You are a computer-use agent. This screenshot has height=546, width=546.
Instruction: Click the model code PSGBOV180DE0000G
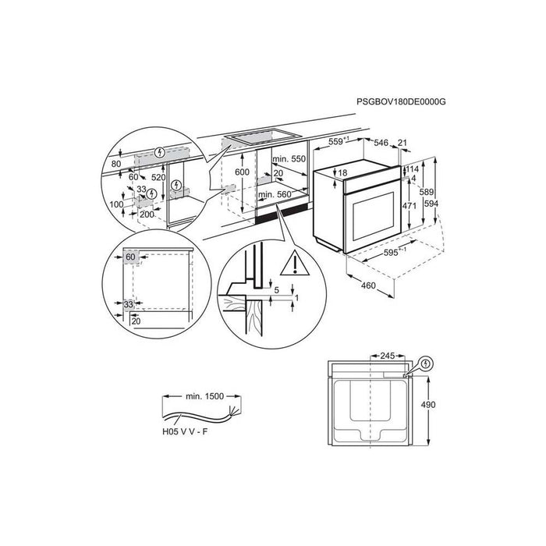click(401, 101)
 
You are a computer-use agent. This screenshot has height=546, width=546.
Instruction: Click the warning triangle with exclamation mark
click(295, 264)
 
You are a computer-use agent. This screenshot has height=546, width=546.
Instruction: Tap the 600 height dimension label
click(242, 172)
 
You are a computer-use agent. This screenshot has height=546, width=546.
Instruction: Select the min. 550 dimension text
click(289, 159)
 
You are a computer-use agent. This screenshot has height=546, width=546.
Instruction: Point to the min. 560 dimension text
click(275, 195)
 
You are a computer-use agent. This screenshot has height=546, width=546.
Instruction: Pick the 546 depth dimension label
click(381, 143)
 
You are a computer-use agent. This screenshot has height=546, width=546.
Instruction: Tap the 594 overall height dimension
click(431, 204)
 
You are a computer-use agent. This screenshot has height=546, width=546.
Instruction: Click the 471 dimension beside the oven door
click(409, 206)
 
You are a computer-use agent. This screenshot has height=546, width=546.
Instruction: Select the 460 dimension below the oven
click(368, 286)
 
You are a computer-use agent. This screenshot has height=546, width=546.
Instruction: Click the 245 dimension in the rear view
click(387, 356)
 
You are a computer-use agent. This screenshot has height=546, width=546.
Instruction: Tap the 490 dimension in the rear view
click(428, 405)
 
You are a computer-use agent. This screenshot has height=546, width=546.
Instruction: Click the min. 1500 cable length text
click(204, 396)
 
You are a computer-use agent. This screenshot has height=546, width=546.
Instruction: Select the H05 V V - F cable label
click(185, 432)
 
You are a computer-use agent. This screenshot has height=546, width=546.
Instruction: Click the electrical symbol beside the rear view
click(426, 364)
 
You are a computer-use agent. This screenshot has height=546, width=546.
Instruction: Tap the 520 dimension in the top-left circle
click(158, 178)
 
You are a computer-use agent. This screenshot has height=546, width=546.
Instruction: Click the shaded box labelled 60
click(131, 257)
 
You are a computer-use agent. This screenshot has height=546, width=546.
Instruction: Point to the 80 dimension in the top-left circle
click(116, 164)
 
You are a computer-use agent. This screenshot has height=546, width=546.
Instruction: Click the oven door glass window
click(373, 216)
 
